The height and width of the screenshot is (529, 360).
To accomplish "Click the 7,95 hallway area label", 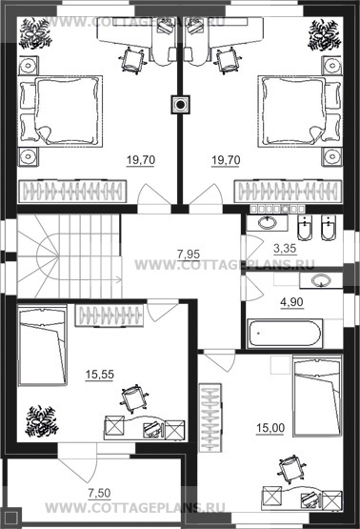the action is coord(189,254).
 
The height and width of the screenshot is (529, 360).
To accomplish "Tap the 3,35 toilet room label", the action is coord(285,249).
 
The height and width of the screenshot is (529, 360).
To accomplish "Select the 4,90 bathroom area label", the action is coord(291,302).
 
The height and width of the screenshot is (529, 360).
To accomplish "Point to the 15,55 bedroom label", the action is coord(100,375).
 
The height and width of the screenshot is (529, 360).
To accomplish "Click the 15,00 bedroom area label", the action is coord(270,428).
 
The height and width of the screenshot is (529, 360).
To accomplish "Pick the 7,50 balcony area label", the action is coord(99,493).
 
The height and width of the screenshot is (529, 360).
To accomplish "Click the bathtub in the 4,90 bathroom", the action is coord(285,334).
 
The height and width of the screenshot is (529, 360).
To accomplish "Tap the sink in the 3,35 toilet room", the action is coord(268,223).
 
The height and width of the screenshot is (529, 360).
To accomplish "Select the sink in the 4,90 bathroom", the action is coord(320,280).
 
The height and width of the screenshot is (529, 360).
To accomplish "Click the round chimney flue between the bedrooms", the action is coord(181,105).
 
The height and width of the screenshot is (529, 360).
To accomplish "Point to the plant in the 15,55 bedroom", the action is coord(40,421).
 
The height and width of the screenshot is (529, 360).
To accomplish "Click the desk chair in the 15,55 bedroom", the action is coord(134,399).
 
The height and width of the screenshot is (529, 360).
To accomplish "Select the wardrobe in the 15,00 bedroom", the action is coord(210,417).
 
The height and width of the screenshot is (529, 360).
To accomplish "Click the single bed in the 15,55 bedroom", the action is coord(42,345).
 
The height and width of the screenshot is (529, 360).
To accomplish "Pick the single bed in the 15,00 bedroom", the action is coord(317,395).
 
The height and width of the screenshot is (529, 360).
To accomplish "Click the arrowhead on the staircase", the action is coord(119,279).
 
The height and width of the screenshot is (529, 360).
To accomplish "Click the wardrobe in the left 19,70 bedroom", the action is coord(72,192).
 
